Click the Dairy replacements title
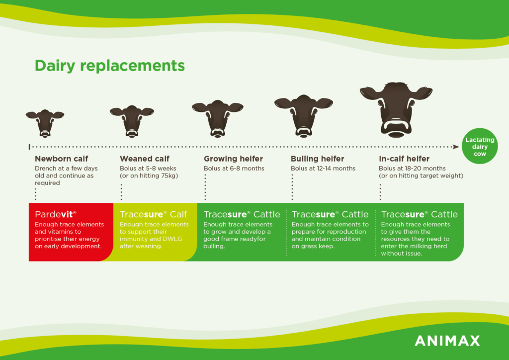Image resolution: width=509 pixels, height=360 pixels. tap(110, 66)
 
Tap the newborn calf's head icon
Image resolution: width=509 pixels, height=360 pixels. tap(45, 123)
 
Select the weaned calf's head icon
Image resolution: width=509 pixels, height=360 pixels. tap(132, 121)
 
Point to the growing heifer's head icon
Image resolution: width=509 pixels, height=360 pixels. tap(218, 119)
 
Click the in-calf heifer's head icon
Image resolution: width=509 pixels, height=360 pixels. tap(396, 110)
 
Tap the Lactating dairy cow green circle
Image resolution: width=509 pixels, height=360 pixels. tap(480, 146)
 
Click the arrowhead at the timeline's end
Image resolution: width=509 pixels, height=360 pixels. tap(456, 147)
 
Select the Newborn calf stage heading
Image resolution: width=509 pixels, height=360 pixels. tap(61, 159)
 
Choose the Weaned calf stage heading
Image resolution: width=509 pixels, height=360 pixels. tap(145, 159)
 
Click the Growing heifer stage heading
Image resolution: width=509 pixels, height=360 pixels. tap(234, 159)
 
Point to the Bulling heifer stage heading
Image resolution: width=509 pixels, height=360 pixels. tap(318, 159)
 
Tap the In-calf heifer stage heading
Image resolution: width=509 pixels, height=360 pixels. tap(404, 159)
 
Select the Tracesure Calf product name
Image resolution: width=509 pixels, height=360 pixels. tap(154, 214)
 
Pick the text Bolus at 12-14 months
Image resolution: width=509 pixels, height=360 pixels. tap(323, 169)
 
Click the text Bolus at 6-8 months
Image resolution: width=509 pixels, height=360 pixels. tap(234, 169)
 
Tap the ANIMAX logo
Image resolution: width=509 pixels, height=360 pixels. tap(447, 341)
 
